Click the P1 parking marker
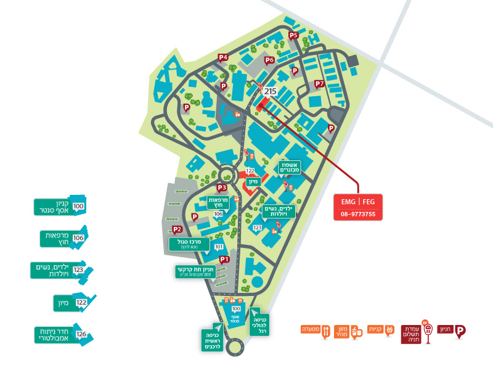click(x=224, y=260)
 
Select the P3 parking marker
click(x=222, y=188)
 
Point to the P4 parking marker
click(x=223, y=58)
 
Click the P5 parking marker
click(x=293, y=36)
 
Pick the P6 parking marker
click(x=269, y=60)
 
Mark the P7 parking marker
click(x=319, y=84)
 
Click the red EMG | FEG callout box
click(x=358, y=202)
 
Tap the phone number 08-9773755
click(x=358, y=215)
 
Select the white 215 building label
click(x=270, y=91)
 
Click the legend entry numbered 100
click(x=60, y=207)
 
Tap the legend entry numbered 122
click(x=75, y=302)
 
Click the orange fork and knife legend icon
click(x=326, y=331)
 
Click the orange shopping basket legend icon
click(x=389, y=331)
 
